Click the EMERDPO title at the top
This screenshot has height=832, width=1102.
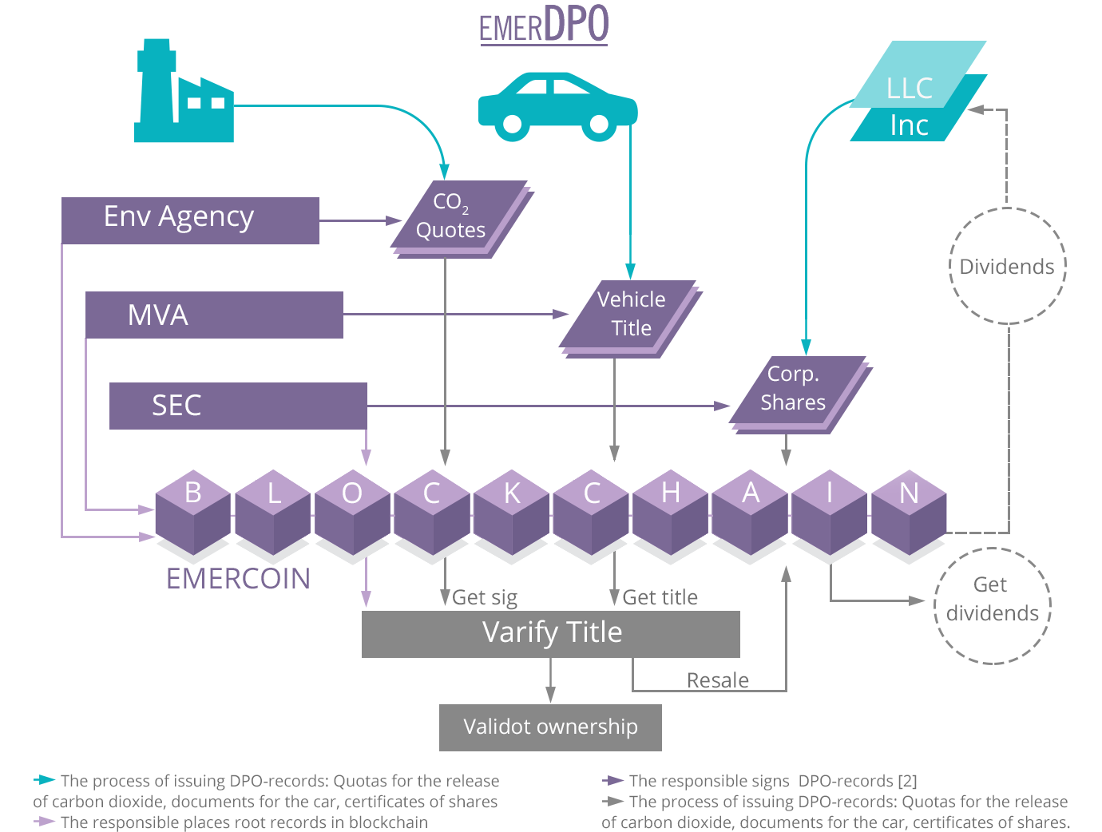click(544, 25)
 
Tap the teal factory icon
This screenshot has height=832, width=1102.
click(184, 91)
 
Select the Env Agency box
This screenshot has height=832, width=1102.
click(190, 220)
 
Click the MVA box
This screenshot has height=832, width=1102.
click(214, 315)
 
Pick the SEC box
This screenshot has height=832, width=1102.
click(238, 406)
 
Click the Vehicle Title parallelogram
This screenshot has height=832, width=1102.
click(631, 319)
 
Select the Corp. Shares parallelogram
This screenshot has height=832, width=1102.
click(801, 395)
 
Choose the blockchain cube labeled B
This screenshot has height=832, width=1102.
click(193, 513)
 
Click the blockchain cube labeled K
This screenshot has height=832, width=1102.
click(512, 513)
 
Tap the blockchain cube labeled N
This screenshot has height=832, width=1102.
click(910, 513)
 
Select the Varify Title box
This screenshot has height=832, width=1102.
click(551, 634)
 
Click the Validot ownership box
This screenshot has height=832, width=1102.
click(551, 727)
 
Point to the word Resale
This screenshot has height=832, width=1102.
click(718, 680)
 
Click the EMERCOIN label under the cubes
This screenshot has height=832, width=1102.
click(239, 579)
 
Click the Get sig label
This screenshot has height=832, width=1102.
click(485, 598)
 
